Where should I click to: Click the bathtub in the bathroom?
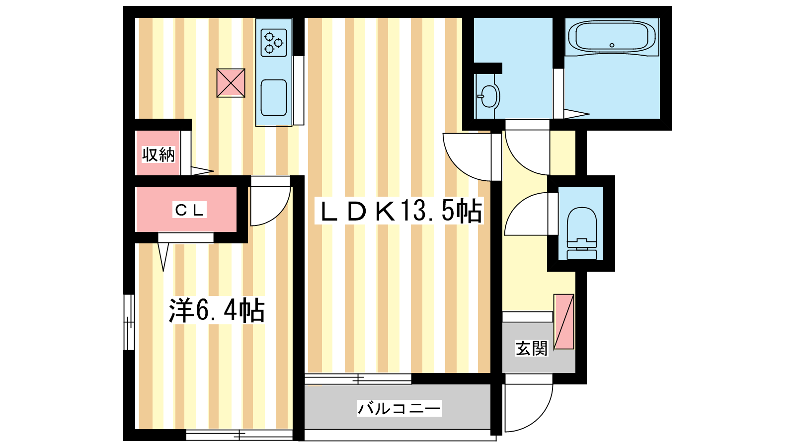612,37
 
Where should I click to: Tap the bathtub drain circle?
612,45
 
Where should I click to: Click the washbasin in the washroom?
488,96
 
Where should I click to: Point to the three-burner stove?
274,43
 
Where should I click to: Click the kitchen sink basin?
274,97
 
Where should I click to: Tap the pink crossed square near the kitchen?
231,83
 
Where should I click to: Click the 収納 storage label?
159,154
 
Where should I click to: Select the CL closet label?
189,210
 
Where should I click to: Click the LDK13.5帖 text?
399,211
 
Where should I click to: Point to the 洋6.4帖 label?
217,310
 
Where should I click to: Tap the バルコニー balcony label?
399,408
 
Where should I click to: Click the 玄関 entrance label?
531,348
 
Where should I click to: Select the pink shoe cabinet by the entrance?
564,321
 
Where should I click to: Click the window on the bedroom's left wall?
129,322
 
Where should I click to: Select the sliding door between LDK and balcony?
358,379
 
